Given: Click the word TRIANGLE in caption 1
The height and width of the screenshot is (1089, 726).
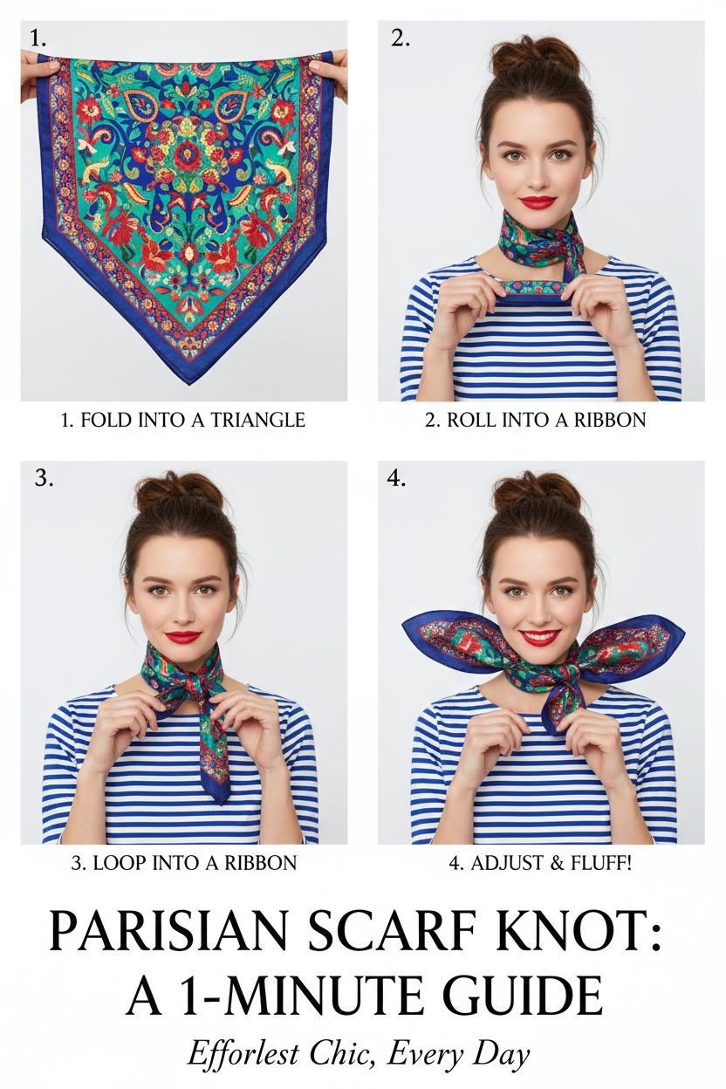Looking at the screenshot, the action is [257, 420].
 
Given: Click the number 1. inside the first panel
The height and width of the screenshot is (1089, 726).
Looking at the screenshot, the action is [38, 38].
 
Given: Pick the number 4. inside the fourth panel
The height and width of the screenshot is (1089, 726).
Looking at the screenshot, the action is [396, 479].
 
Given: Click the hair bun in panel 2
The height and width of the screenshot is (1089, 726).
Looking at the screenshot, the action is [535, 58].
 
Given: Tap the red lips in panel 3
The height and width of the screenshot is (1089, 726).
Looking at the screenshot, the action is [183, 637].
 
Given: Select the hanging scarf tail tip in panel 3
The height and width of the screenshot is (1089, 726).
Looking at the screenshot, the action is [222, 801].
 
